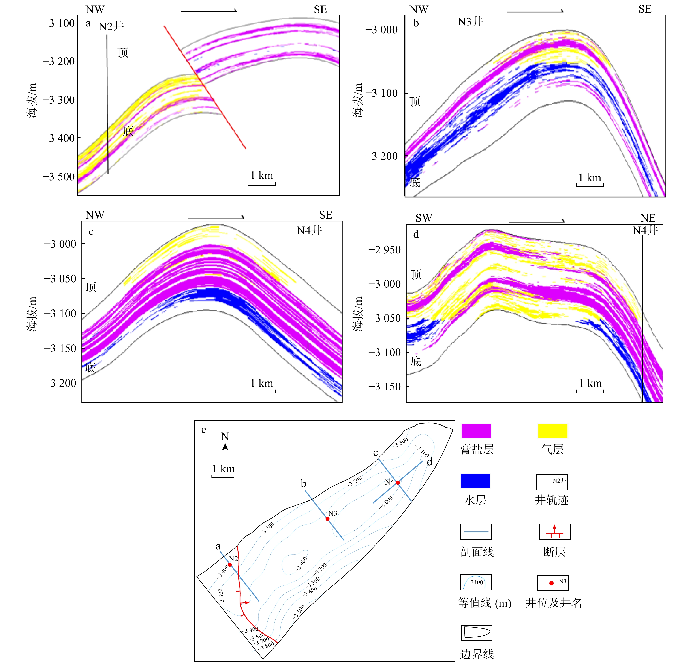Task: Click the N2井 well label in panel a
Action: coord(111,26)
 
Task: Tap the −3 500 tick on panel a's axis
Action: coord(59,176)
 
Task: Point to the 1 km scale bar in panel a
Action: coord(262,183)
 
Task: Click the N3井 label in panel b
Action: coord(470,22)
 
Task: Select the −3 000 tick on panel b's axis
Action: coord(382,30)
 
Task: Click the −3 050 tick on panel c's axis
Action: coord(60,279)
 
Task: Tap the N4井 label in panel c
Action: coord(309,230)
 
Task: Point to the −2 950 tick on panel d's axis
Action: coord(385,250)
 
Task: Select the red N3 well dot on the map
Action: coord(327,519)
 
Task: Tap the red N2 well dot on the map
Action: coord(230,565)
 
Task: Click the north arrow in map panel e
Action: coord(225,450)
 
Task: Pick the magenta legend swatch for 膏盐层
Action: coord(476,431)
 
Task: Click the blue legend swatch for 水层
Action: coord(475,481)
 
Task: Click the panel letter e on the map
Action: coord(204,430)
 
